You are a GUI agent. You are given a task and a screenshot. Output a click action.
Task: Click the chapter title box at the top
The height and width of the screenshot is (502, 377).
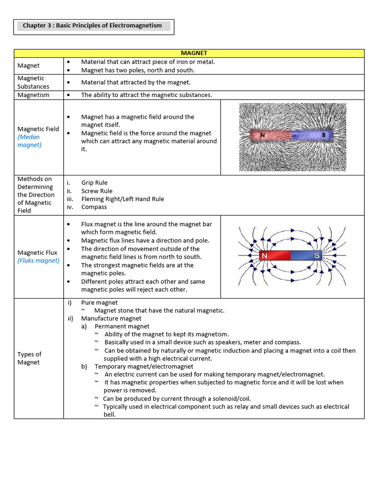93,26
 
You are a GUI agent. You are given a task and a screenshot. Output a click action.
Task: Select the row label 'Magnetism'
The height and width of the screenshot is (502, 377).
33,95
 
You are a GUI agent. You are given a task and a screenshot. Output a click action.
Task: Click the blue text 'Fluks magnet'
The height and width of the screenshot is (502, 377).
38,261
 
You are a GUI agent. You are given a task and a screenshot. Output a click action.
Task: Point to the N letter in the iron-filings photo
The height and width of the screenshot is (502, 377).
262,135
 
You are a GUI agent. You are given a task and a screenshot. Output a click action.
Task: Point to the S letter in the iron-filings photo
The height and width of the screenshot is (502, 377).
323,135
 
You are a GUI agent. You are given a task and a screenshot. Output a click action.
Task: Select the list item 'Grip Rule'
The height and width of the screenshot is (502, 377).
94,183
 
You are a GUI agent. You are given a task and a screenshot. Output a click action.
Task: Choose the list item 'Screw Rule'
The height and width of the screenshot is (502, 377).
97,191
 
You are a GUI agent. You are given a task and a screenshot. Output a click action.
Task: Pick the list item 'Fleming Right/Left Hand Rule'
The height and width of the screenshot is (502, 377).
123,199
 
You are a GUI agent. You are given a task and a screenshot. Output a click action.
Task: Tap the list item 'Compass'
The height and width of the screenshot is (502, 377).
94,207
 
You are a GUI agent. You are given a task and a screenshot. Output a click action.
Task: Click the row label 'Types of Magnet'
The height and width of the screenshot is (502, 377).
29,358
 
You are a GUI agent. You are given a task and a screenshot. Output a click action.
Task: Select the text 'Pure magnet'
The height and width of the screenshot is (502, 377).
99,302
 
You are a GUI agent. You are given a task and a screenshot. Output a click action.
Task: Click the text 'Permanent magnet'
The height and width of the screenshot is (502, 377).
122,326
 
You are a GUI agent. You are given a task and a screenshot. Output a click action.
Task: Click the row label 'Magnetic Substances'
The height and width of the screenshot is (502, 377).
33,82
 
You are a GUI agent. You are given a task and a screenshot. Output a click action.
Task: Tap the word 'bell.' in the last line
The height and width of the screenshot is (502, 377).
109,415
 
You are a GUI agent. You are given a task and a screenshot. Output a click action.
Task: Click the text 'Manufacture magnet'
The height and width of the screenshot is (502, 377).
111,319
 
